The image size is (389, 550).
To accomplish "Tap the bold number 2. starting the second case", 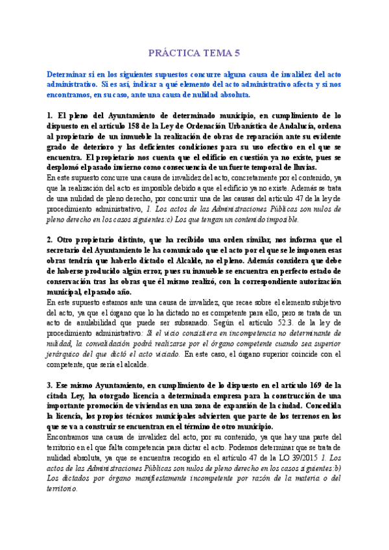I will (49, 239).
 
